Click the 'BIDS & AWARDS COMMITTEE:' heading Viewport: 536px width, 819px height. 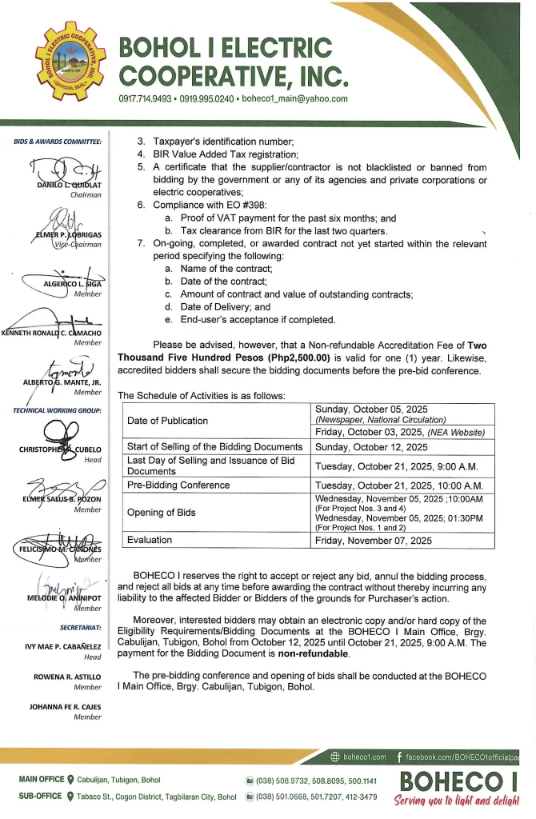tap(58, 142)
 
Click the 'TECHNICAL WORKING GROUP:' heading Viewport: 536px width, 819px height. tap(57, 410)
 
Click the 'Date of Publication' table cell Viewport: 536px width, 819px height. tap(168, 421)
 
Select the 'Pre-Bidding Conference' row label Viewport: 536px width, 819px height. tap(178, 485)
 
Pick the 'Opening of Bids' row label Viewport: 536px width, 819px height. tap(161, 512)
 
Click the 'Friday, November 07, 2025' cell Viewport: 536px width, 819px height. tap(374, 541)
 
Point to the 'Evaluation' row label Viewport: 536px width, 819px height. tap(150, 540)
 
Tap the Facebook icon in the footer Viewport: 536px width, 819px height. tap(400, 757)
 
